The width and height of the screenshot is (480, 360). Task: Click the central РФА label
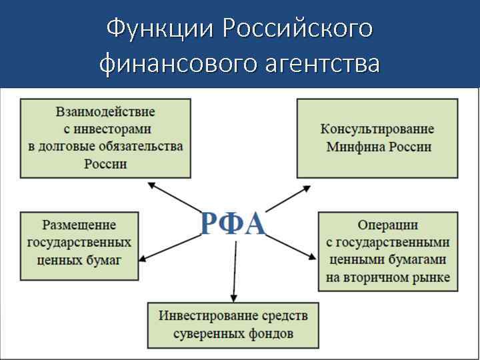[233, 225]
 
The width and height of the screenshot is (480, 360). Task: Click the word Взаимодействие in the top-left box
[105, 111]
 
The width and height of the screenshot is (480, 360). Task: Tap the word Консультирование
[377, 129]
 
